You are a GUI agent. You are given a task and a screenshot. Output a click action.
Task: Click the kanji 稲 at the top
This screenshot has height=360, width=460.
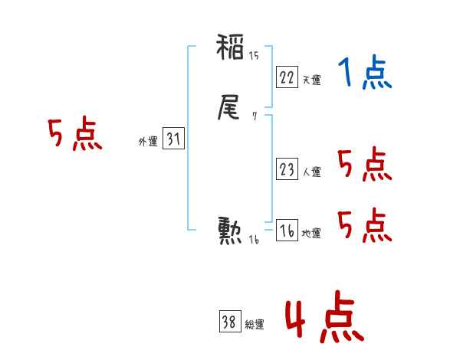(231, 51)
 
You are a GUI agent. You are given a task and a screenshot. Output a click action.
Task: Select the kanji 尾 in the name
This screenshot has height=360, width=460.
(231, 110)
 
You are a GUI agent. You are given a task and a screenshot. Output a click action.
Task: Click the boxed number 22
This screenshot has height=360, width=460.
(287, 77)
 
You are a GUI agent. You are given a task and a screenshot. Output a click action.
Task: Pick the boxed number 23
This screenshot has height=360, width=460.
(287, 170)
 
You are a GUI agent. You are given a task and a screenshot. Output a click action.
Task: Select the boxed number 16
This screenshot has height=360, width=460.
(287, 231)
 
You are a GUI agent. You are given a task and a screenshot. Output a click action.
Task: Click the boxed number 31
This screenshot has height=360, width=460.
(174, 139)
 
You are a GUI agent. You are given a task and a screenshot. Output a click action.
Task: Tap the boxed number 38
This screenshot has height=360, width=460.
(229, 322)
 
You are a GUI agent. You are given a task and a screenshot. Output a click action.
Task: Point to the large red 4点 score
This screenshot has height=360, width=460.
(323, 320)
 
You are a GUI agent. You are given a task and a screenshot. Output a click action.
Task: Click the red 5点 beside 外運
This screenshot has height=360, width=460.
(75, 136)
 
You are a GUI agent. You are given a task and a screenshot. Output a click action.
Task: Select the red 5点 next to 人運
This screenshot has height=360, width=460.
(365, 165)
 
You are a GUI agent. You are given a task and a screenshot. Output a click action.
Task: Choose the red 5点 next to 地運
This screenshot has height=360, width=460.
(365, 225)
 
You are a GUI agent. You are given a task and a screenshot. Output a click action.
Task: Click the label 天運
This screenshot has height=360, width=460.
(311, 80)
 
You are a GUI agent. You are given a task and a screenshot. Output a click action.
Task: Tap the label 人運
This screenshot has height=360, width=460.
(311, 172)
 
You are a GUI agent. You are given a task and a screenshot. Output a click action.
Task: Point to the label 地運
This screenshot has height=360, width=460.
(311, 233)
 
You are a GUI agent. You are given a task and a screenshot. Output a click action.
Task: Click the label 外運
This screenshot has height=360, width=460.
(148, 142)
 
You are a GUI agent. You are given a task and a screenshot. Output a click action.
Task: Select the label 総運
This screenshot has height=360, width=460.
(255, 325)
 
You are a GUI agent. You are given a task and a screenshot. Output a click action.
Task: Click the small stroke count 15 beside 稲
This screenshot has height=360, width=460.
(254, 55)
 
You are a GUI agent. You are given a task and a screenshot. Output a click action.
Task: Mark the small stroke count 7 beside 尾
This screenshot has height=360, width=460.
(254, 116)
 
